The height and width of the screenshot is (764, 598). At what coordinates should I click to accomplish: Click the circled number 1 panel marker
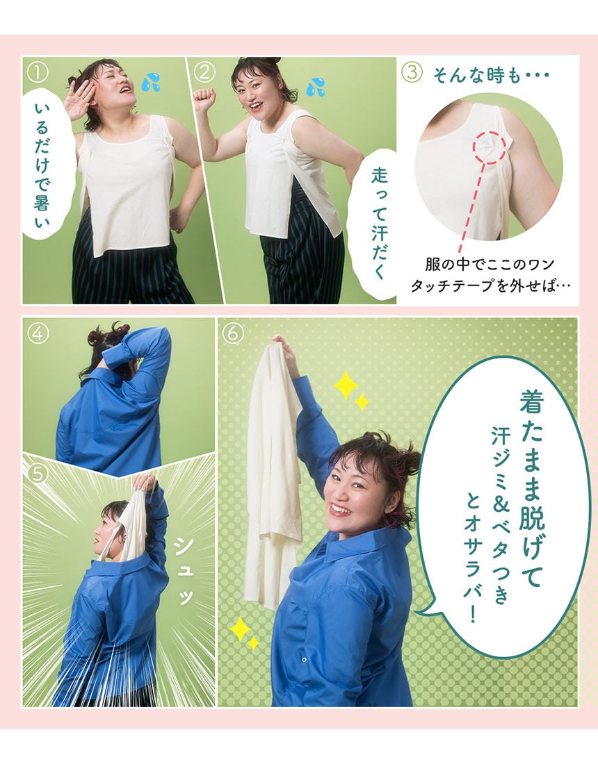coord(38,73)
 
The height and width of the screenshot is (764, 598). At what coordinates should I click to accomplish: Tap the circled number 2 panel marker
coord(204,73)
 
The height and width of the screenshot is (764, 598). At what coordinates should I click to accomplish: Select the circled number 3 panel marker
coord(412,73)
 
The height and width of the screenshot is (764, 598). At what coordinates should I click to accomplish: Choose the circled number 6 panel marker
coord(233,334)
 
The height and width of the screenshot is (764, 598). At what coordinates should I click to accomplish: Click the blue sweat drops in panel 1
coord(151,83)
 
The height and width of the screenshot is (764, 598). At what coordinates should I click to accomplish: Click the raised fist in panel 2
coord(204,99)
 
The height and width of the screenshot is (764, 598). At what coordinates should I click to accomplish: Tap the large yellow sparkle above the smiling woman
coord(346,385)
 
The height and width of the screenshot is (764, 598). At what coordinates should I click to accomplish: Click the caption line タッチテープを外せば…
coord(491,286)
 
